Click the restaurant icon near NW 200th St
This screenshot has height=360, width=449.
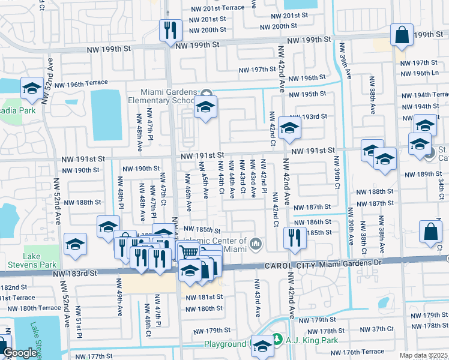click(169, 30)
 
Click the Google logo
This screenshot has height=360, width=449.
click(20, 353)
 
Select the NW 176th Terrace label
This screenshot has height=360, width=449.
click(360, 352)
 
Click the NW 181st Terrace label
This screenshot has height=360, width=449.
click(18, 298)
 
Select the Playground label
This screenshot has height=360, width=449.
click(225, 344)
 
